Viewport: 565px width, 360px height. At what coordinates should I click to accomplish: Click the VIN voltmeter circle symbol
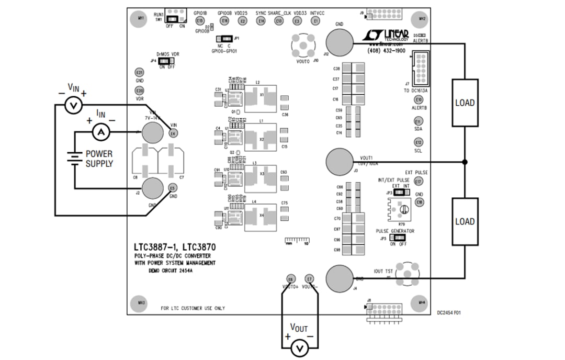pyautogui.click(x=74, y=106)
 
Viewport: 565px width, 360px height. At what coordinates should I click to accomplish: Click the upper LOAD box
pyautogui.click(x=465, y=103)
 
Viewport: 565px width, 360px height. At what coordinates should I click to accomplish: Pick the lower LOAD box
pyautogui.click(x=465, y=221)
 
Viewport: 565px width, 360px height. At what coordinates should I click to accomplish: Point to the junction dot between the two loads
pyautogui.click(x=465, y=162)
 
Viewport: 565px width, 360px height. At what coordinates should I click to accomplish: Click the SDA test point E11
pyautogui.click(x=418, y=121)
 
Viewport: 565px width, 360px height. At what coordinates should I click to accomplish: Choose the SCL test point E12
pyautogui.click(x=418, y=142)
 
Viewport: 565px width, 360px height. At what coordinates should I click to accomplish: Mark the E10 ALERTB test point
pyautogui.click(x=418, y=99)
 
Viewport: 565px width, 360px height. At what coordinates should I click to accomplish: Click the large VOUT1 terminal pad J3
pyautogui.click(x=340, y=162)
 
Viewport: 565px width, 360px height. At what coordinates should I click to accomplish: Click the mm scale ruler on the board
pyautogui.click(x=297, y=241)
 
